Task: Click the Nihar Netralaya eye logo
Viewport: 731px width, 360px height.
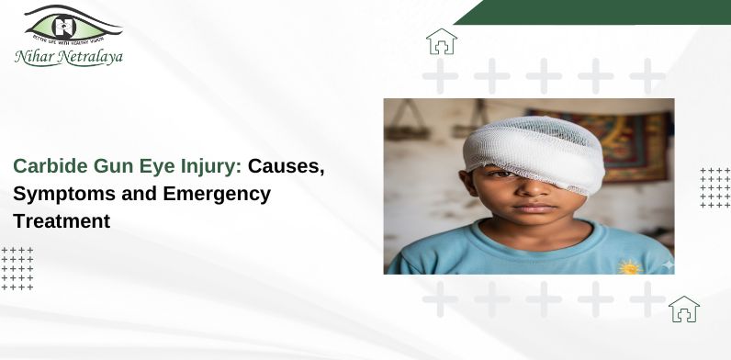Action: [x=73, y=25]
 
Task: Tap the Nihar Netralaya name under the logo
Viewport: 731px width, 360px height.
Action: [x=68, y=58]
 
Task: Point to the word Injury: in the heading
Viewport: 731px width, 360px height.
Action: [x=208, y=167]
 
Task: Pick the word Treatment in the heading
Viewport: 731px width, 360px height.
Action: [x=62, y=220]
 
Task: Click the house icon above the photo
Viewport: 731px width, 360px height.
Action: [x=441, y=41]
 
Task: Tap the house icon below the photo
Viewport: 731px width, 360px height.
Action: [x=683, y=309]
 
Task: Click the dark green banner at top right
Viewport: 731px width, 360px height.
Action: [x=597, y=11]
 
